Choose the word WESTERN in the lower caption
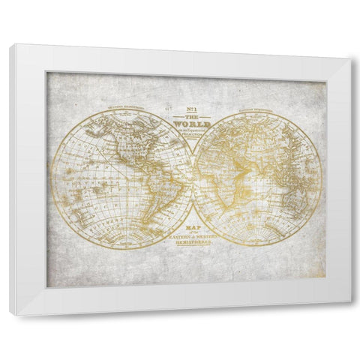pyautogui.click(x=207, y=239)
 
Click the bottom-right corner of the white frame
pyautogui.click(x=350, y=301)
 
